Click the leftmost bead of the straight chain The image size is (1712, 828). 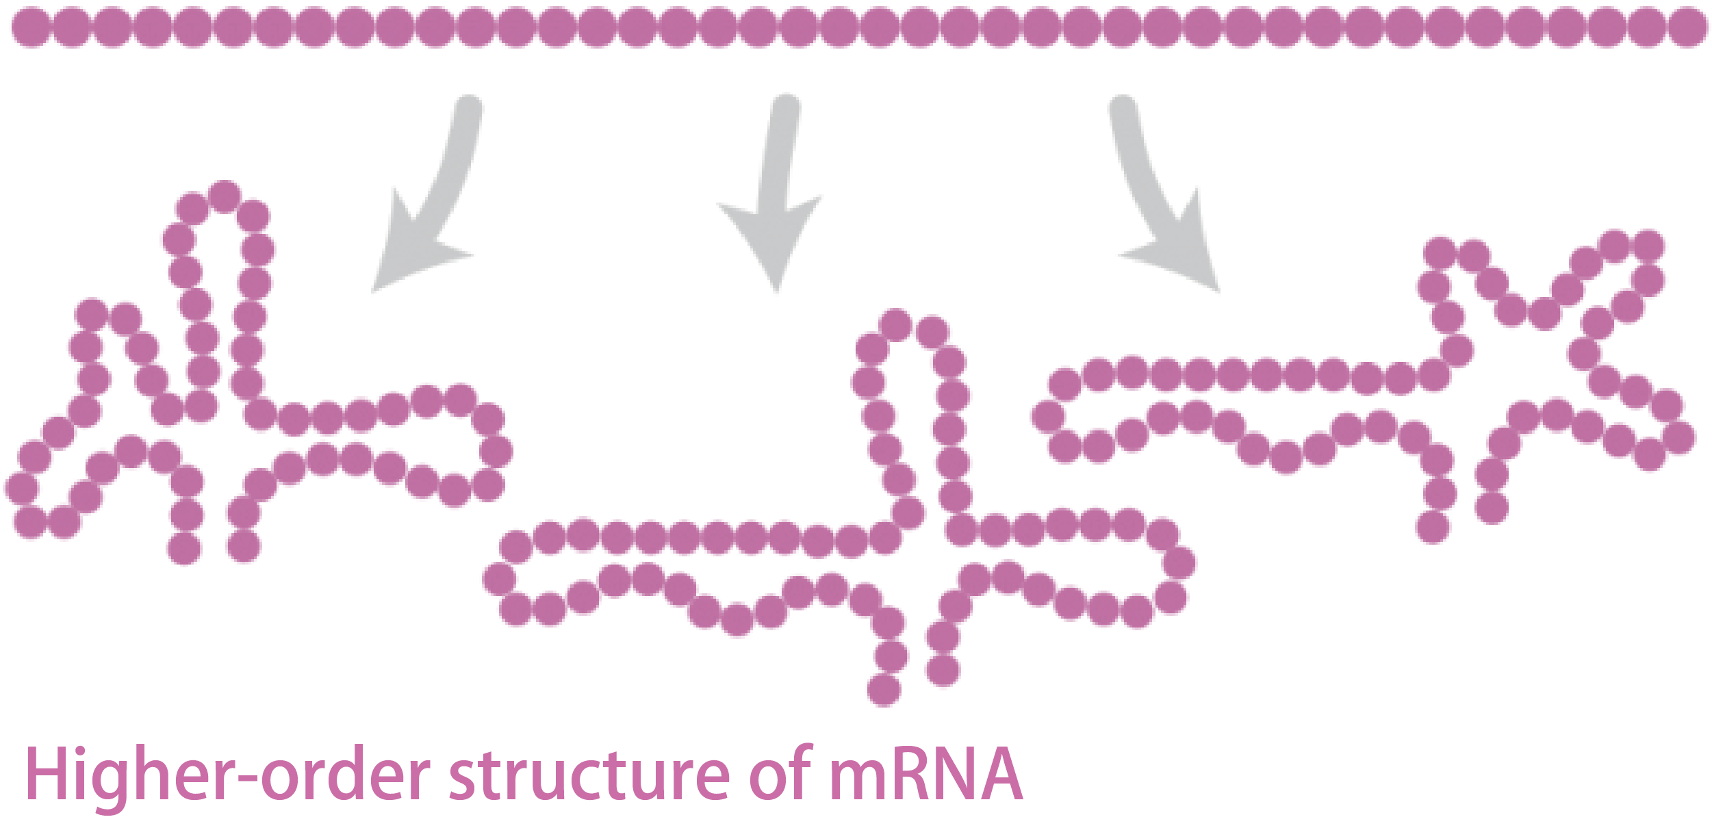(31, 27)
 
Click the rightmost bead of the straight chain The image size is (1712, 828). (1687, 28)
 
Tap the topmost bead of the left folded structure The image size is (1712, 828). (225, 197)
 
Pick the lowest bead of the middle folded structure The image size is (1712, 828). (884, 689)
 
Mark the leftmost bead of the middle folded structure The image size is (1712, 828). (500, 580)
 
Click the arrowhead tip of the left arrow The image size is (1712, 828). (373, 292)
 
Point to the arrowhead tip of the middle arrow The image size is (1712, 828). (776, 290)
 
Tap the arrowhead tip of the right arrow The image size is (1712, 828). (1218, 290)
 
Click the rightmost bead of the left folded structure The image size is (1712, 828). (496, 452)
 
